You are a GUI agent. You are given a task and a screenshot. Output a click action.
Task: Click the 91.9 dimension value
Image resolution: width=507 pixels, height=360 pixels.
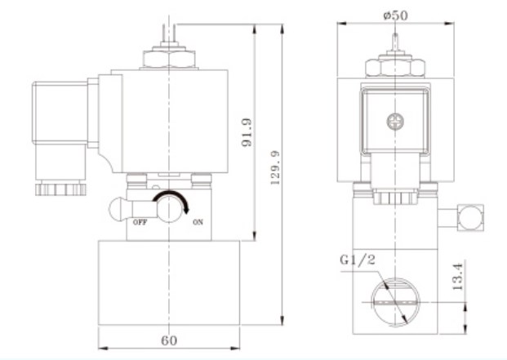[247, 132]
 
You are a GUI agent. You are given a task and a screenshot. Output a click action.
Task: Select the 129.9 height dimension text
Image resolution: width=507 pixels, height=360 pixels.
[275, 167]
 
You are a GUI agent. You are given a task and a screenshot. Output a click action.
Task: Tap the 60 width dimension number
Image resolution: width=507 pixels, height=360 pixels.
[169, 340]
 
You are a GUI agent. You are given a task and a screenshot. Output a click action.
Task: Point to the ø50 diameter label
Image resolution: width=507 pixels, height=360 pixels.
[395, 15]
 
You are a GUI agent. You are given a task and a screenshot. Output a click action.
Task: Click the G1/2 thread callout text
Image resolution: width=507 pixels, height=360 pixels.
[358, 260]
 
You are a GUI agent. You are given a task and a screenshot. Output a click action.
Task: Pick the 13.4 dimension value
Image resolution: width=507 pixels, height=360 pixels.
[458, 276]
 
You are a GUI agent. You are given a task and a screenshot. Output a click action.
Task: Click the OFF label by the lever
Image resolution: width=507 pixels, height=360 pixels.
[140, 222]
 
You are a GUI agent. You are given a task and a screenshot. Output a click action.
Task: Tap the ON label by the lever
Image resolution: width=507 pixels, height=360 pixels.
[198, 222]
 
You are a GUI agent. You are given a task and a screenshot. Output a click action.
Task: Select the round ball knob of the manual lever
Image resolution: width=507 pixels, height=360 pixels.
[117, 209]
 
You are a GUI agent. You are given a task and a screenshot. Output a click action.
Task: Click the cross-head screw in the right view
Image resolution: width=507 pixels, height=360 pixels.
[395, 122]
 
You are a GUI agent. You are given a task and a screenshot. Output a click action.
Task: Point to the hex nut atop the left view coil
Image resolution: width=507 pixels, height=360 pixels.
[169, 59]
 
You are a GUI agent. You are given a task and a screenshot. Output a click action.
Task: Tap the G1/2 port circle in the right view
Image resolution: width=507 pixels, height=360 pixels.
[395, 302]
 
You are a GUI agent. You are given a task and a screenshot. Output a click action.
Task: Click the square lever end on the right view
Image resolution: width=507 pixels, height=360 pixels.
[470, 217]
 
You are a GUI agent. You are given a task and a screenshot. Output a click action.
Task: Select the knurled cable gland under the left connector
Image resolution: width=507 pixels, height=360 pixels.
[60, 189]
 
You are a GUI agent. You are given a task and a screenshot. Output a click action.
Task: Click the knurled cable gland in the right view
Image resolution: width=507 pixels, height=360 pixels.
[395, 198]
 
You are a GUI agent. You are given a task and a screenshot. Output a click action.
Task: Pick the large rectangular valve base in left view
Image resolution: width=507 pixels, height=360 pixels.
[169, 282]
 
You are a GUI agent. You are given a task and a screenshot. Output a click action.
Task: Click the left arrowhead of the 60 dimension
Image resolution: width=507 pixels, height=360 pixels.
[103, 349]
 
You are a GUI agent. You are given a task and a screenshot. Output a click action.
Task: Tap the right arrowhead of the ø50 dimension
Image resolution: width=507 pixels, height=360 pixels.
[450, 24]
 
